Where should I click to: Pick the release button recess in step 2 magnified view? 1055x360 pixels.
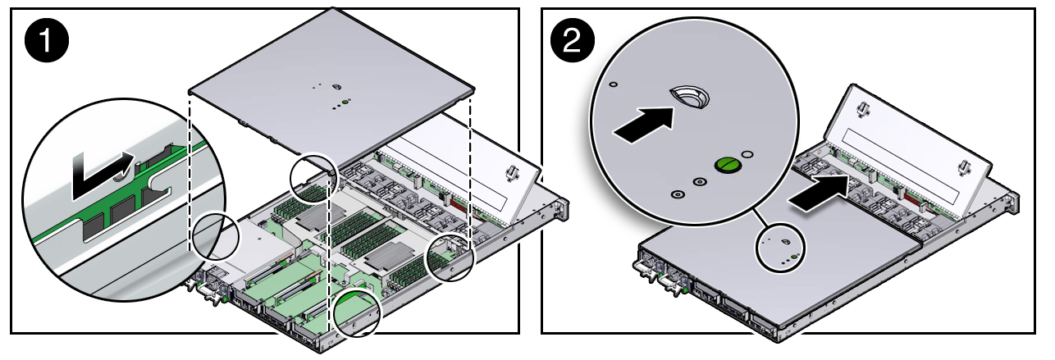[x=688, y=97]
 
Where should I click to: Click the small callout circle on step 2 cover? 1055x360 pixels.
[x=780, y=247]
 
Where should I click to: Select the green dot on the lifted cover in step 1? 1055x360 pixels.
[x=346, y=103]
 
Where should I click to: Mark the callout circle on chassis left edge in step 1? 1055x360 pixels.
[x=215, y=238]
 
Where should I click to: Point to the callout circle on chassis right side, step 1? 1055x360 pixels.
[x=450, y=257]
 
